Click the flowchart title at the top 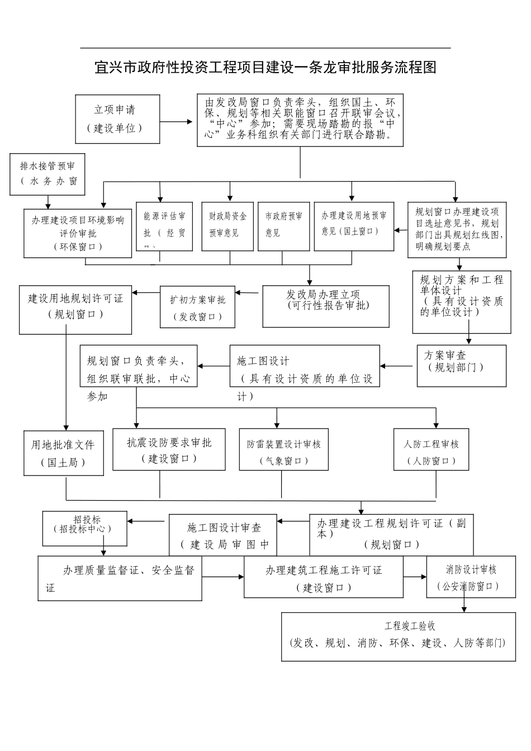coord(265,68)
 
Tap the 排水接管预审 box coord(48,174)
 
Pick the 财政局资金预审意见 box coord(227,225)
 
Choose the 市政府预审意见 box coord(283,225)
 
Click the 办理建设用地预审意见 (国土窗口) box coord(354,225)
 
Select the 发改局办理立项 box coord(326,306)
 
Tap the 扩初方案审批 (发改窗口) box coord(198,307)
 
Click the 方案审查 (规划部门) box coord(461,365)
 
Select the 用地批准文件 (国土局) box coord(63,453)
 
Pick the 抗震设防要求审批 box coord(169,449)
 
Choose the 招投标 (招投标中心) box coord(84,529)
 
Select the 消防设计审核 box coord(471,577)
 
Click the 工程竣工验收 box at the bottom coord(398,636)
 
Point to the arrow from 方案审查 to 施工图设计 coord(398,367)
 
